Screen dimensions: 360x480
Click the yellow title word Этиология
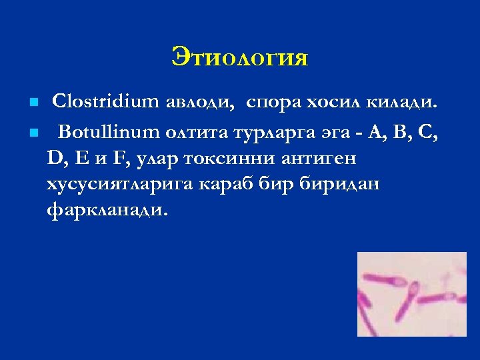tap(240, 57)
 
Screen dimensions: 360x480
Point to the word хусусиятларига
tap(119, 184)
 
